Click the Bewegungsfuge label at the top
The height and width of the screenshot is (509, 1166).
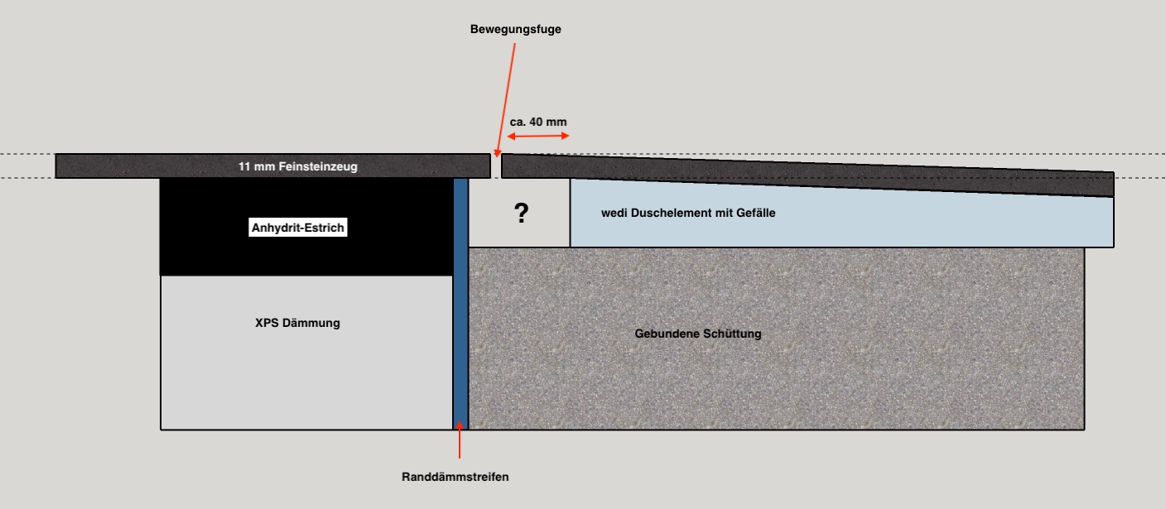516,29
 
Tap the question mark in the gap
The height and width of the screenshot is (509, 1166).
521,214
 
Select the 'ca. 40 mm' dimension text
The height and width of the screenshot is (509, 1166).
538,122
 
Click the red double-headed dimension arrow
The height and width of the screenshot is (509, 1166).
538,136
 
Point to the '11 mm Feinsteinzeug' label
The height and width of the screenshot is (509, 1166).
298,166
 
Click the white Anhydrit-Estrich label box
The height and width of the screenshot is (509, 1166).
298,228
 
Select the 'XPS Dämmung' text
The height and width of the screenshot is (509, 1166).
297,324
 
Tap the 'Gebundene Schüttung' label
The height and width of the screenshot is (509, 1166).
697,334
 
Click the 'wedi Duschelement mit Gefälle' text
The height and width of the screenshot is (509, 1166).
688,214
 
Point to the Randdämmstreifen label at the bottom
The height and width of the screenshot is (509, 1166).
455,477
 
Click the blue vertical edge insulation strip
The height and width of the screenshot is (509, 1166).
460,331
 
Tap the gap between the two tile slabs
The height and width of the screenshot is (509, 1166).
496,166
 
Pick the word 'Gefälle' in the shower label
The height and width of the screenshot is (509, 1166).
756,214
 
